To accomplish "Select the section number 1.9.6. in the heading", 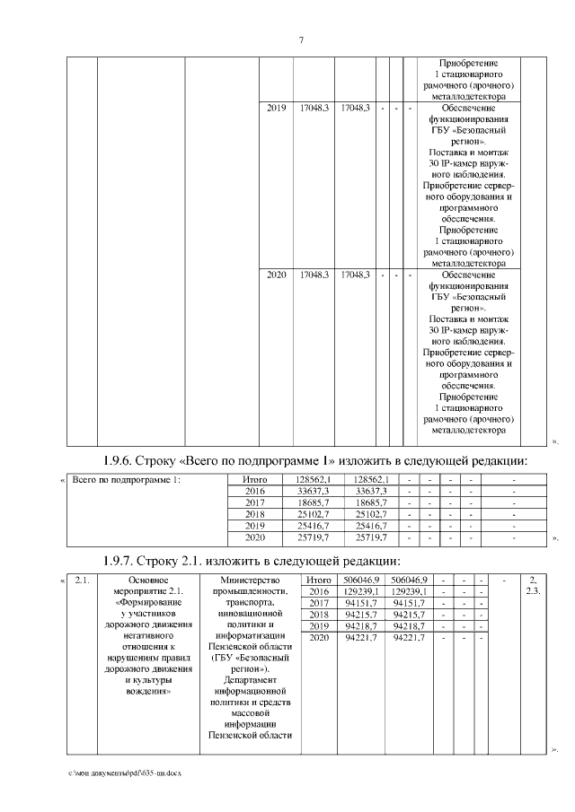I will tap(125, 461).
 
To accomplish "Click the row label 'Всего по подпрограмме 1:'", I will tap(127, 480).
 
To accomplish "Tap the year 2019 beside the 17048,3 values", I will tap(277, 109).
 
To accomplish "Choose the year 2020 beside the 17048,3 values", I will tap(277, 274).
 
